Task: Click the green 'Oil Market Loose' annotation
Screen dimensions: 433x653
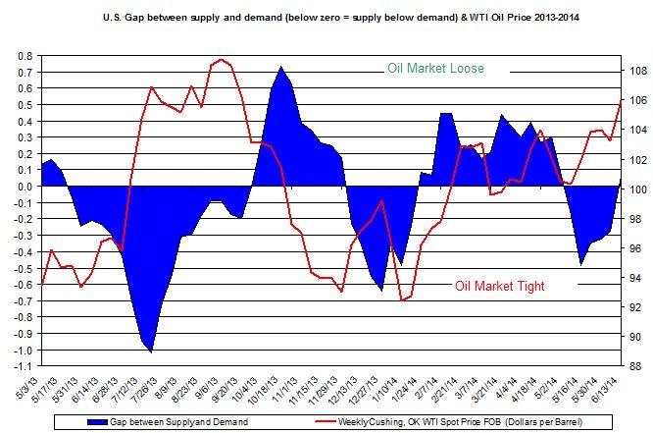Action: (435, 69)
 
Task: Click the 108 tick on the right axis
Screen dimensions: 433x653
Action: (635, 71)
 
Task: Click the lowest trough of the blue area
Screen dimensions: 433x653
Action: (151, 351)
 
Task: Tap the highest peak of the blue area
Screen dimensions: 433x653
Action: (282, 67)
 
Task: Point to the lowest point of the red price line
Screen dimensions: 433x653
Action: (402, 299)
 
